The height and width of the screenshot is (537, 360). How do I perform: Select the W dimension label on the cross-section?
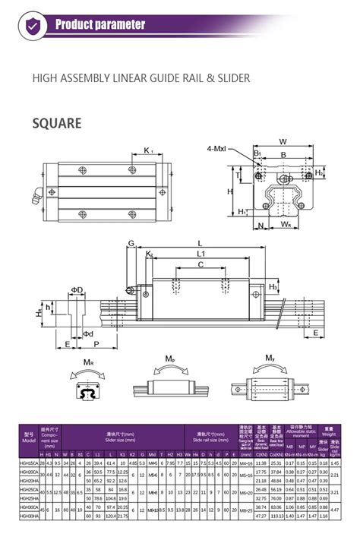(282, 141)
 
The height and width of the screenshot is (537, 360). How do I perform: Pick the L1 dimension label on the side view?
(201, 252)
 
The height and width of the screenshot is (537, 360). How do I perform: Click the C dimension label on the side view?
(201, 264)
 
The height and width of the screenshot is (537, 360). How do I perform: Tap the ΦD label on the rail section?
(77, 289)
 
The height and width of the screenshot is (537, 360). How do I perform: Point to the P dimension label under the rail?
(96, 344)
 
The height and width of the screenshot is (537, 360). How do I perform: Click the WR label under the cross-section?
(286, 226)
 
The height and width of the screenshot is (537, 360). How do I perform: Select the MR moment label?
(88, 363)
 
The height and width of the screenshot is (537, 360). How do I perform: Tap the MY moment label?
(270, 358)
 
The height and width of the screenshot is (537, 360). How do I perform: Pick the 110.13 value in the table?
(276, 516)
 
